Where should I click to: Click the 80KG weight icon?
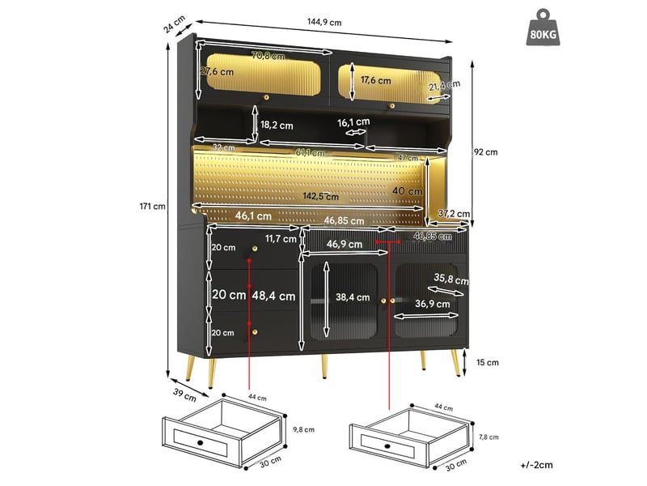[543, 28]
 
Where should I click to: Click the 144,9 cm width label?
[324, 22]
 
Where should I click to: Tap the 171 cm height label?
[152, 207]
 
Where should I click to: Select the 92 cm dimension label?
[486, 152]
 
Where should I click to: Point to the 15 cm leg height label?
[488, 362]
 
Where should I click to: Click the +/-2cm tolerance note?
[536, 465]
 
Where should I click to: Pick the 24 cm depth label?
[174, 24]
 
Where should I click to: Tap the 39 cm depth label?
[184, 395]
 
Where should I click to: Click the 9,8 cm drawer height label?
[304, 430]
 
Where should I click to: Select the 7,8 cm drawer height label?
[488, 437]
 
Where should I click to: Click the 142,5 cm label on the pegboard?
[320, 196]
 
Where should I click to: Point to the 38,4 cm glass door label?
[353, 297]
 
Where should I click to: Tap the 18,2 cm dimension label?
[277, 125]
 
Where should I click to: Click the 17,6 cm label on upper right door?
[375, 79]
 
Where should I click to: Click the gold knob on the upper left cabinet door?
[266, 97]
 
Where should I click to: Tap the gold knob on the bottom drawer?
[255, 332]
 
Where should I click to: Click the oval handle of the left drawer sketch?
[200, 442]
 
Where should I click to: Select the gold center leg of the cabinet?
[324, 366]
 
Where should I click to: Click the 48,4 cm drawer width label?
[273, 296]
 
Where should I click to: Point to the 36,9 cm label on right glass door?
[433, 304]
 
